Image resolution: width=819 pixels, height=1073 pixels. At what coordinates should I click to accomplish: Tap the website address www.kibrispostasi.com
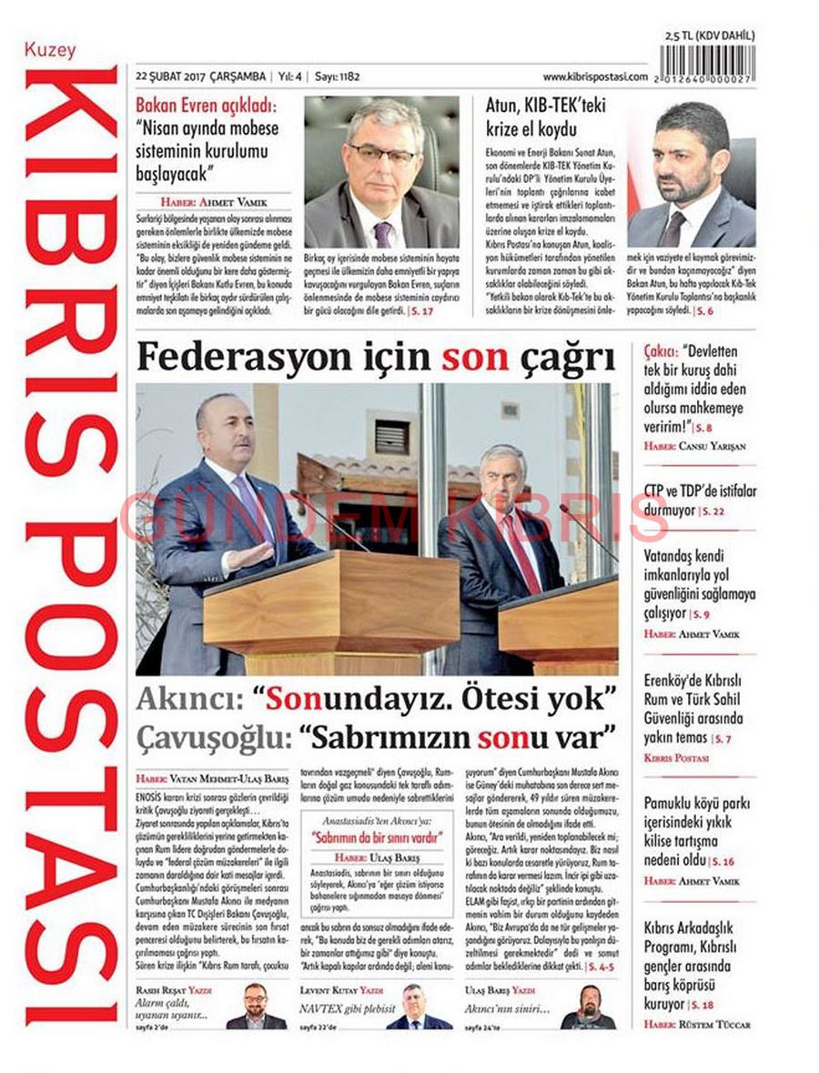(595, 77)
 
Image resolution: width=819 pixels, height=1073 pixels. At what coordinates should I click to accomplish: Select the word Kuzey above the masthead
(51, 51)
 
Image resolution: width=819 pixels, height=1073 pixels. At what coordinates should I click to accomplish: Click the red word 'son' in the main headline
(474, 359)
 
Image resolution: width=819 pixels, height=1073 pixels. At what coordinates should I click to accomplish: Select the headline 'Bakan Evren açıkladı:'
(207, 106)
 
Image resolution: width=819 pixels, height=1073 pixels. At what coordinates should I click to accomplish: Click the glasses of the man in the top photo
(383, 152)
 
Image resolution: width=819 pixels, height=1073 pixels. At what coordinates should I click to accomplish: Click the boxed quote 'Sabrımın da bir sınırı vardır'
(364, 835)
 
